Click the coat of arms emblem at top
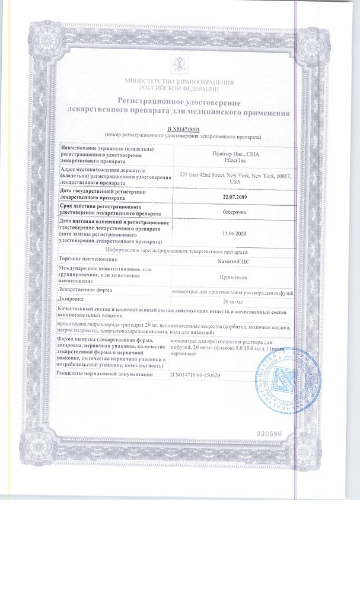[x=179, y=62]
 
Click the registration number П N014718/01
[x=179, y=128]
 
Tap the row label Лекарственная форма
[x=90, y=290]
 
